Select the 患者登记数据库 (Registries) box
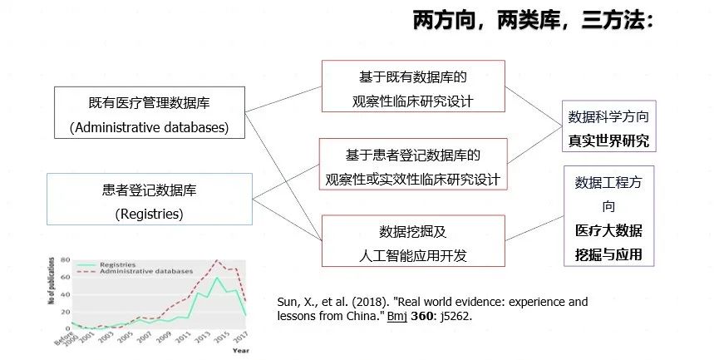[x=150, y=201]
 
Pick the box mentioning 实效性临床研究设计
[x=414, y=166]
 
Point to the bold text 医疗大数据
[x=608, y=230]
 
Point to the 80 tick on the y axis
[x=66, y=260]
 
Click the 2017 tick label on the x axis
[x=242, y=337]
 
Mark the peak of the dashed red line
[x=217, y=260]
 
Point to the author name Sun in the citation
[x=287, y=302]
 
